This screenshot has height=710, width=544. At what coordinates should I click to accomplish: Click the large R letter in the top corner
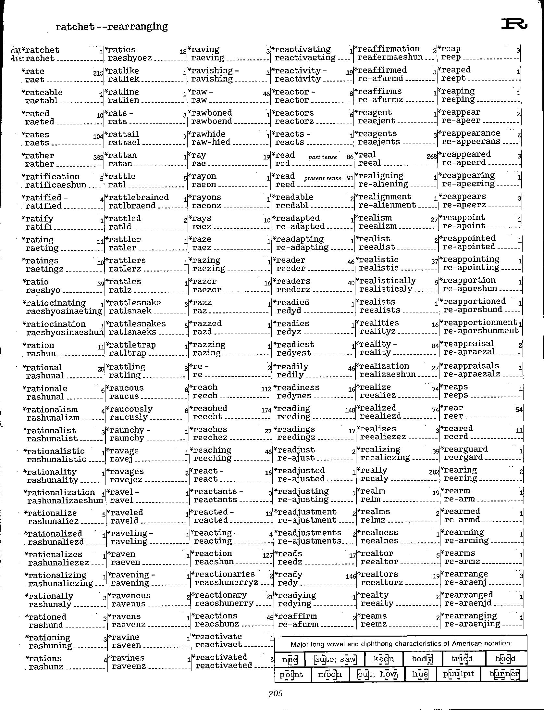[x=514, y=24]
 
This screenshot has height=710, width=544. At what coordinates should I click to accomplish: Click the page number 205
[x=275, y=693]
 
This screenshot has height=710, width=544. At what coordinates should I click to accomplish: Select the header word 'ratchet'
[x=75, y=27]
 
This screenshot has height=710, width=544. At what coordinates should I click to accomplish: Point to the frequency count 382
[x=98, y=158]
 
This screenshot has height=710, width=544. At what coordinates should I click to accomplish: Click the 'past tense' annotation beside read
[x=322, y=157]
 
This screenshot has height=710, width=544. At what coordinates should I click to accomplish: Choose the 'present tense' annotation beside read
[x=322, y=178]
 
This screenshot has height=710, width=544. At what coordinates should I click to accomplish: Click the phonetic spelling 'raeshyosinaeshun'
[x=65, y=332]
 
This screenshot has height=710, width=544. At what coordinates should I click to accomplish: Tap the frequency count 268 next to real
[x=432, y=157]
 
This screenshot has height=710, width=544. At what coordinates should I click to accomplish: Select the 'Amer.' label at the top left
[x=16, y=58]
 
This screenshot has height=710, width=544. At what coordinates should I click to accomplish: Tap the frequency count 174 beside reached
[x=266, y=410]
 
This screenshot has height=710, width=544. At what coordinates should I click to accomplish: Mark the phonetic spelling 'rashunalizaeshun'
[x=65, y=501]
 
